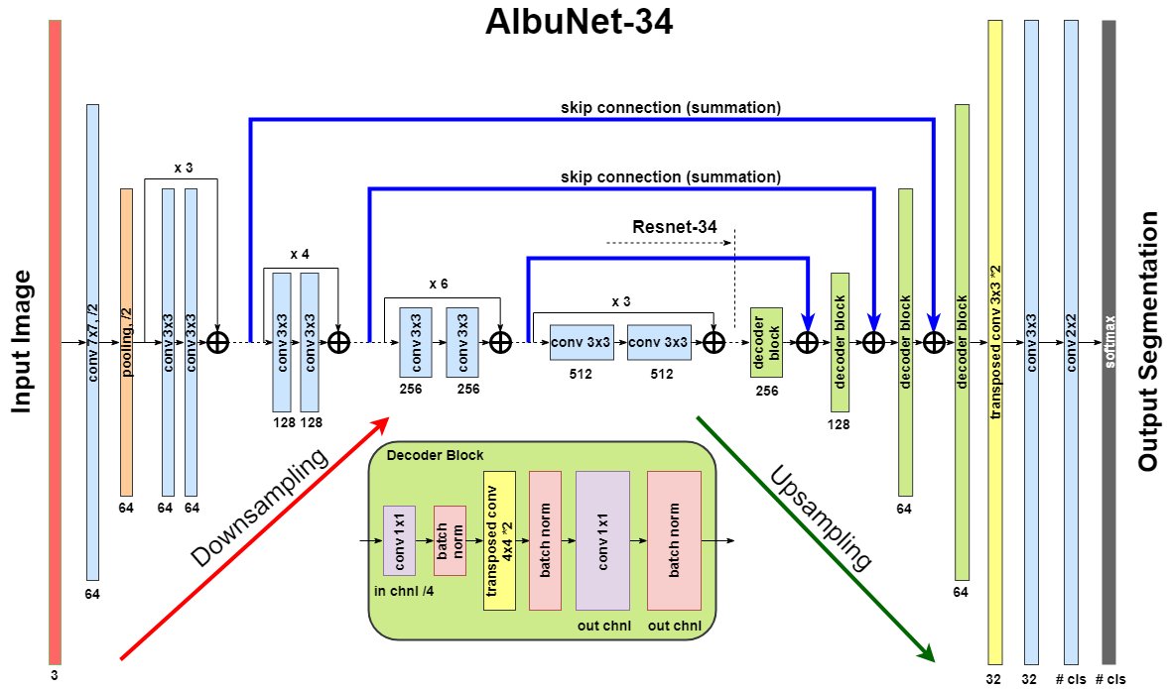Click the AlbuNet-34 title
[579, 22]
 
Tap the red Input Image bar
[55, 342]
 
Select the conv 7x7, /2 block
[92, 342]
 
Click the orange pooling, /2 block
[127, 342]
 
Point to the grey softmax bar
[1108, 342]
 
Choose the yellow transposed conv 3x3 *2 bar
[995, 342]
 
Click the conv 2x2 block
[1071, 342]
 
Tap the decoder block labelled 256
[766, 342]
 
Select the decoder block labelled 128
[840, 342]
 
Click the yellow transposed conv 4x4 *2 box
[499, 541]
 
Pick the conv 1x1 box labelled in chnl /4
[399, 541]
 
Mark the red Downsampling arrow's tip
[389, 418]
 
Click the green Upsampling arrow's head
[934, 660]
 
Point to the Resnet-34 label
[674, 226]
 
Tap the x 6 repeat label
[439, 285]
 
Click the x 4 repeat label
[300, 255]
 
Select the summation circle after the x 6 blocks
[500, 342]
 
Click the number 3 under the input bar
[55, 675]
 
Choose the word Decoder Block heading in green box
[435, 455]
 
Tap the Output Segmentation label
[1148, 342]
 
